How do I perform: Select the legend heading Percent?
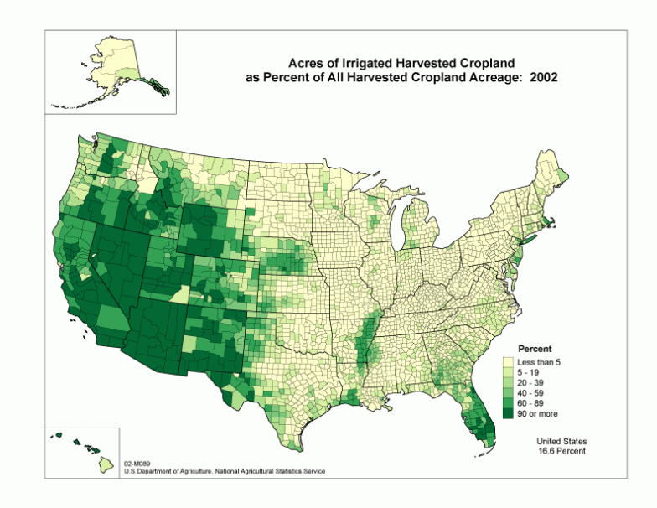pyautogui.click(x=535, y=348)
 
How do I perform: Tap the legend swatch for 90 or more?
pyautogui.click(x=508, y=413)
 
